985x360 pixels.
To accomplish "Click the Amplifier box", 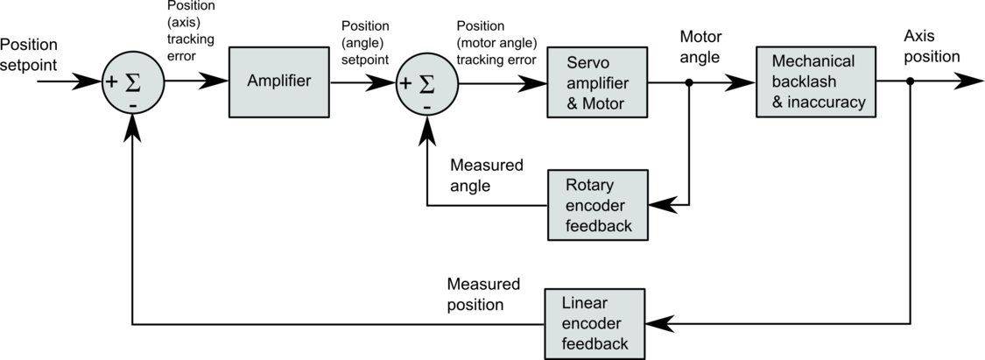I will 278,81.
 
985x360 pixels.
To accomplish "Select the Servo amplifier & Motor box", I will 597,82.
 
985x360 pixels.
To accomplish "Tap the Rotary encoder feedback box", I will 598,205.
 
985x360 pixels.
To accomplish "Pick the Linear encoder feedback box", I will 595,323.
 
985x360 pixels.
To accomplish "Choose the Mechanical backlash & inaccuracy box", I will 815,81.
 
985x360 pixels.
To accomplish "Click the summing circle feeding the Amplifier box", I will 133,82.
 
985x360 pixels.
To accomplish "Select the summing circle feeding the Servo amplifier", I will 427,84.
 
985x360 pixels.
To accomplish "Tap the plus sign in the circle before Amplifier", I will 111,82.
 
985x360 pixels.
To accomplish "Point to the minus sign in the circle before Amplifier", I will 133,105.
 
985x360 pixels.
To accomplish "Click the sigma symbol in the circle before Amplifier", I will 133,82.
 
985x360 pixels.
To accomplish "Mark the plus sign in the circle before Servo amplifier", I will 405,84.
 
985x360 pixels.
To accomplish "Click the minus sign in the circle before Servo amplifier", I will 427,107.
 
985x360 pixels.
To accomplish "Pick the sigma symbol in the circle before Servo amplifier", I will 427,84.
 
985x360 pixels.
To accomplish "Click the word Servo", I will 587,63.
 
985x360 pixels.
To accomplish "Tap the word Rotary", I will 589,186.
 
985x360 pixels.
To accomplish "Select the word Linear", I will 584,303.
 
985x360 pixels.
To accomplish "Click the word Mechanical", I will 813,61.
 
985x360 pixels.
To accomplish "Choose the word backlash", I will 804,81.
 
